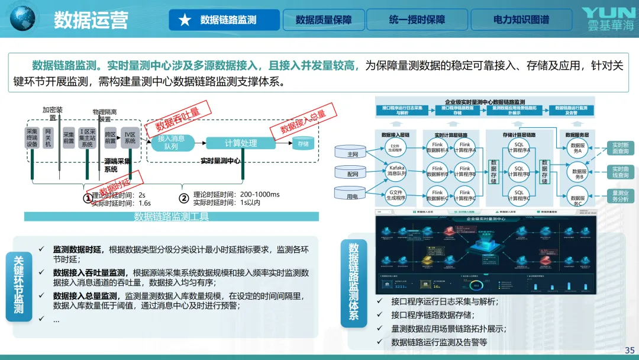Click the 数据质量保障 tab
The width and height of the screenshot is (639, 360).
click(323, 20)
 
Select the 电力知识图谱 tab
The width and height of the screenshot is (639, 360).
click(521, 20)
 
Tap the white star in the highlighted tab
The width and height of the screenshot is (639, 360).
click(185, 20)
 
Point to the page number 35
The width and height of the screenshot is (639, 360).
click(630, 350)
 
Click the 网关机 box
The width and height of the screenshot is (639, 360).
click(49, 137)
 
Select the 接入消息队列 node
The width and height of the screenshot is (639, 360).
click(171, 142)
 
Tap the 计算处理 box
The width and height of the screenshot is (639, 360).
click(241, 143)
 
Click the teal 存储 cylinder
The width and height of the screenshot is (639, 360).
click(303, 143)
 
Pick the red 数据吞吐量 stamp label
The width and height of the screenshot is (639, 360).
click(177, 118)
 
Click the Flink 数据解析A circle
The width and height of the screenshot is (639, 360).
click(437, 147)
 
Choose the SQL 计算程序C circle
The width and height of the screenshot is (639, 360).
click(519, 195)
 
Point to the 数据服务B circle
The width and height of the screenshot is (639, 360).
click(577, 173)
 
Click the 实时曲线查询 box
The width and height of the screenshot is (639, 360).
click(621, 172)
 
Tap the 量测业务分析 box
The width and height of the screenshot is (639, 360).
click(621, 196)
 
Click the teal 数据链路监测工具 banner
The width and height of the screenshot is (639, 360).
click(172, 217)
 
